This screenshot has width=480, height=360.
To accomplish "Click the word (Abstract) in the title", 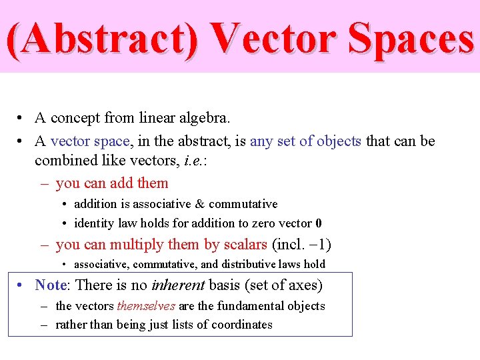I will click(x=102, y=38).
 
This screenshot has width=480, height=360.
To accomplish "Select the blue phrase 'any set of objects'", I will click(x=305, y=141).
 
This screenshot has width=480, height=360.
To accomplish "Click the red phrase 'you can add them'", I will click(x=112, y=183).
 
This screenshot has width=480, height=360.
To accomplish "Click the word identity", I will click(x=93, y=223).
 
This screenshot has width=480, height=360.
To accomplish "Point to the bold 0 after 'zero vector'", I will click(x=319, y=223).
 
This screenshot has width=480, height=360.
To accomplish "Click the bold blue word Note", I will click(x=51, y=286).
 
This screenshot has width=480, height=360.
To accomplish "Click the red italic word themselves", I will click(x=146, y=306).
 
